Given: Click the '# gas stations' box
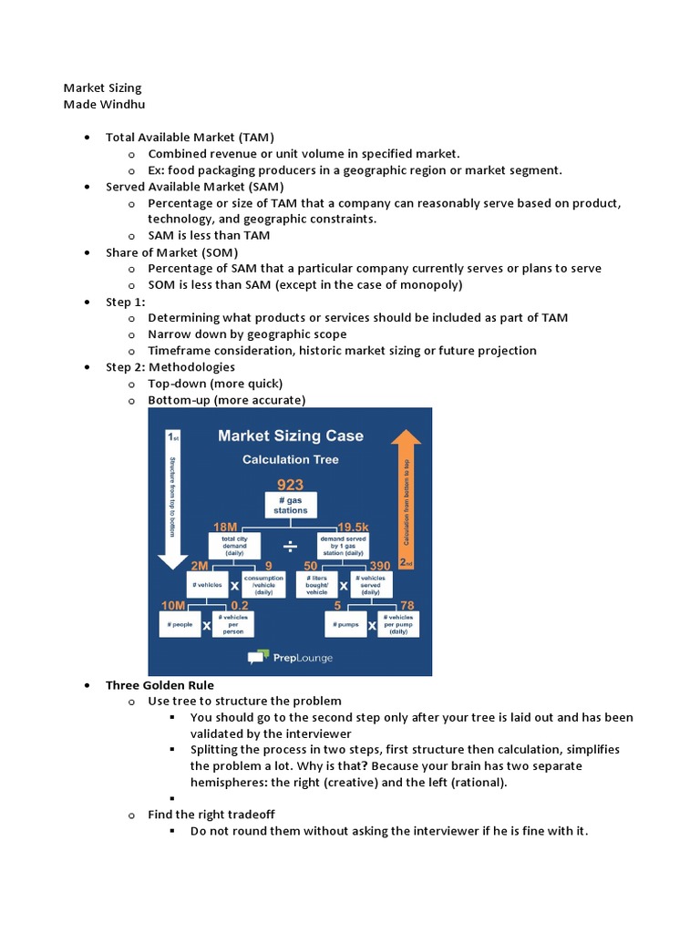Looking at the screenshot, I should [290, 505].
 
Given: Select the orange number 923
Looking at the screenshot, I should [290, 485].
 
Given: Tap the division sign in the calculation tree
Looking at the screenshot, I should [289, 546].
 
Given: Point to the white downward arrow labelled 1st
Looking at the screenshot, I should [170, 492].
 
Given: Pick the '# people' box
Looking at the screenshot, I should [179, 625].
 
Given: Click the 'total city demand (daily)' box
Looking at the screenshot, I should [228, 546].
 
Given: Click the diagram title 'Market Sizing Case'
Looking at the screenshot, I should [290, 436].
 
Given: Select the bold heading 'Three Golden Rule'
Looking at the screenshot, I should [160, 684].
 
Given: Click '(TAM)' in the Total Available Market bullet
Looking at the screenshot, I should [254, 137].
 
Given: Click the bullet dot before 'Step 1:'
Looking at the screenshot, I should [86, 302].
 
